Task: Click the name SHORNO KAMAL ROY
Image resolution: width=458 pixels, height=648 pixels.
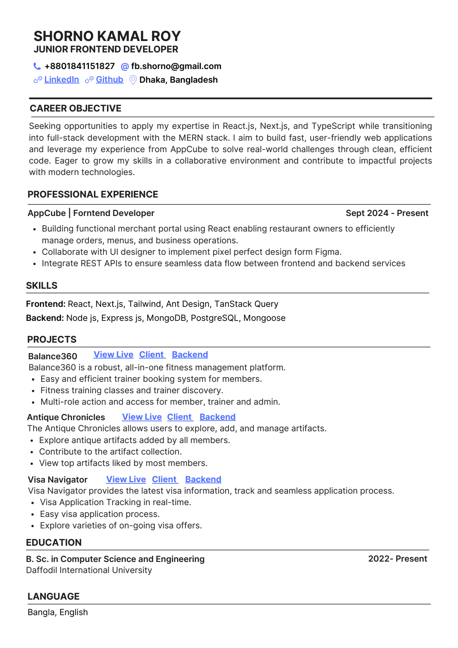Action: tap(107, 36)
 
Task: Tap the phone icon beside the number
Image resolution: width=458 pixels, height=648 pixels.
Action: tap(37, 66)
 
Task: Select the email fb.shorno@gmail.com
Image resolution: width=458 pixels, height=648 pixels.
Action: tap(176, 66)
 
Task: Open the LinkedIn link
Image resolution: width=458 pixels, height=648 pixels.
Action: tap(62, 80)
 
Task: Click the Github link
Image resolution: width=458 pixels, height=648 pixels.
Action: tap(109, 80)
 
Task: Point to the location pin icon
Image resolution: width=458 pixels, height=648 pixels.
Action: tap(133, 80)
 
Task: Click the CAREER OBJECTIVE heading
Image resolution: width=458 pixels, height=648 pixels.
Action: tap(75, 109)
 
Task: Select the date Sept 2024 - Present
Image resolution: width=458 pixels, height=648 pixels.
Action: tap(387, 213)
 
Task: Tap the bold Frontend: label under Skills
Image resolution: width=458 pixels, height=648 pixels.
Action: tap(46, 304)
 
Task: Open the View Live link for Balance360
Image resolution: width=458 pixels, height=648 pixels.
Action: tap(113, 355)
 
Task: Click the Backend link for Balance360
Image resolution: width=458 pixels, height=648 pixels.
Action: tap(190, 355)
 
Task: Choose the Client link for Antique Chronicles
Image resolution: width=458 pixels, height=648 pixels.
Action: tap(179, 417)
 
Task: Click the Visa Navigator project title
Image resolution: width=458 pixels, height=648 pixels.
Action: tap(58, 480)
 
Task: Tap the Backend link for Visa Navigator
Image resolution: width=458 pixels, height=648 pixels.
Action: tap(203, 480)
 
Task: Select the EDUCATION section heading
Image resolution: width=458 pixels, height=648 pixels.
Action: tap(54, 543)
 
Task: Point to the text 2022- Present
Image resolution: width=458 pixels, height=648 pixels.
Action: tap(397, 559)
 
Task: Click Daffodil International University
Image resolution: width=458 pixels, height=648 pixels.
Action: tap(89, 570)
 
